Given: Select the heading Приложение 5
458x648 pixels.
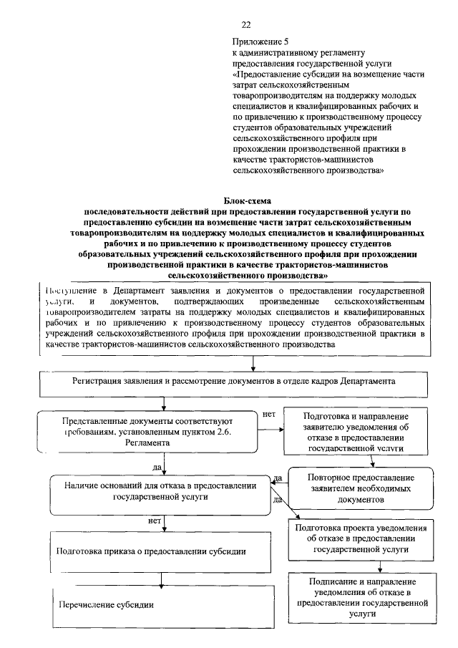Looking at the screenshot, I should tap(261, 42).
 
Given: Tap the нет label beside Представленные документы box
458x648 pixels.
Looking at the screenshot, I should tap(269, 414).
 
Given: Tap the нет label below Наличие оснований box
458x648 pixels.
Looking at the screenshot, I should tap(153, 521).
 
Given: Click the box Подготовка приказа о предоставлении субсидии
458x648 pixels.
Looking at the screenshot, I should tap(152, 551).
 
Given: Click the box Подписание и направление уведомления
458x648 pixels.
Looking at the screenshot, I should tap(361, 597).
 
